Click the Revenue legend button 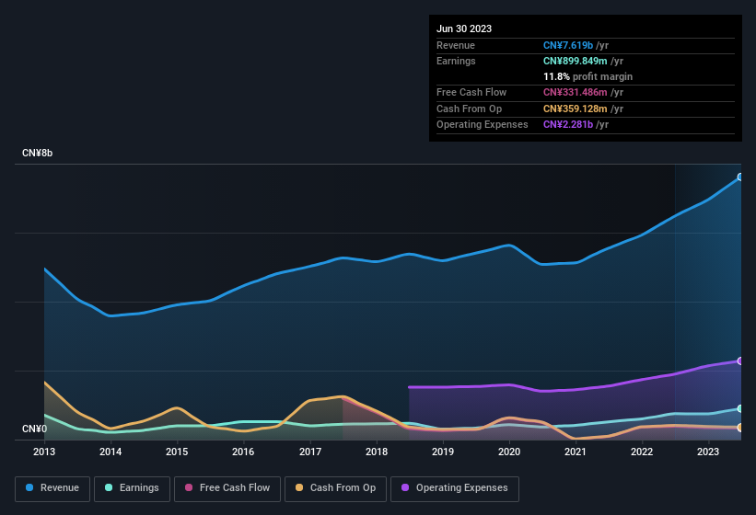(53, 487)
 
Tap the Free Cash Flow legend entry (227, 487)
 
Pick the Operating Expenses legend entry (455, 487)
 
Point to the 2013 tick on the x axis (44, 452)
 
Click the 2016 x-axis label (243, 452)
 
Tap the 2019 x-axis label (443, 452)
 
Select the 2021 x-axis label (576, 452)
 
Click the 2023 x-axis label (708, 452)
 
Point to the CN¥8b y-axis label (38, 153)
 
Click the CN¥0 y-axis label (34, 429)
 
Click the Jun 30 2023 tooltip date (464, 29)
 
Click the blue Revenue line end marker (740, 177)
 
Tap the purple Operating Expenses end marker (740, 360)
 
